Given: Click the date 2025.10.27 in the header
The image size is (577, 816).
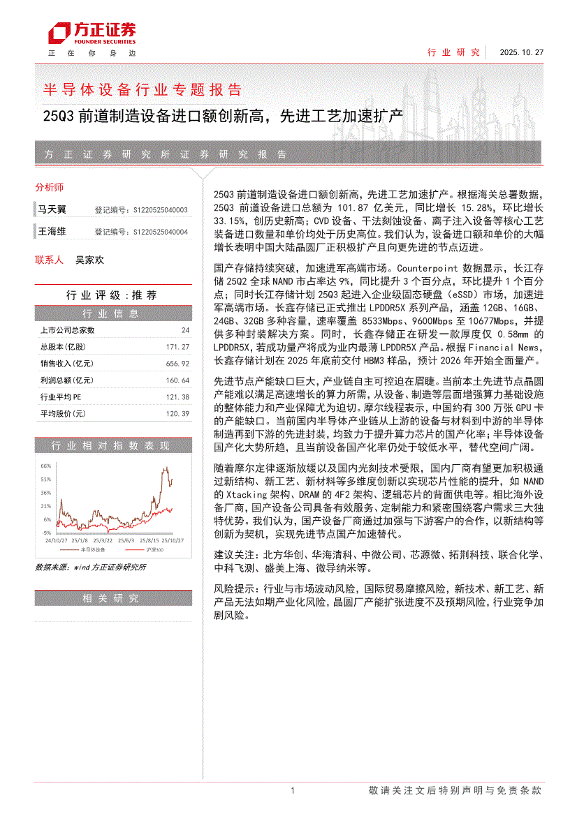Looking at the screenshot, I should coord(521,52).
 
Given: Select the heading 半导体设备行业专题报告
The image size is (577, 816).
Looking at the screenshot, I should coord(143,89).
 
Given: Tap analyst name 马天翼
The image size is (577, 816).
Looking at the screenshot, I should coord(52,209).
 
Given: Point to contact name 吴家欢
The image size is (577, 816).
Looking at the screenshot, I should coord(89,260).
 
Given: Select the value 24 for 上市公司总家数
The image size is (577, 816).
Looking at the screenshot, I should coord(185,330).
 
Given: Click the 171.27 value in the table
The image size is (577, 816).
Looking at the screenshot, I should coord(178,347).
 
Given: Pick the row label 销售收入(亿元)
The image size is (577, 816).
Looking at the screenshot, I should coord(66,364).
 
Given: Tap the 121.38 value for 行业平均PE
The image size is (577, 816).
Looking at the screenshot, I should coord(178,397).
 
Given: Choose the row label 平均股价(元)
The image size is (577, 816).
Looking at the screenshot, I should coord(63,414).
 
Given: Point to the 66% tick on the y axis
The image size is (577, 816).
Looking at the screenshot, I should coord(45,466).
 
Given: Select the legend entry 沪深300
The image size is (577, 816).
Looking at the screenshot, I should coord(154,549).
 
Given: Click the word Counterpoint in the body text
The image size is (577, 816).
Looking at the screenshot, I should coord(428,267).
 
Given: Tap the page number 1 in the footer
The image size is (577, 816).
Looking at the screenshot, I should coord(292,791).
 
